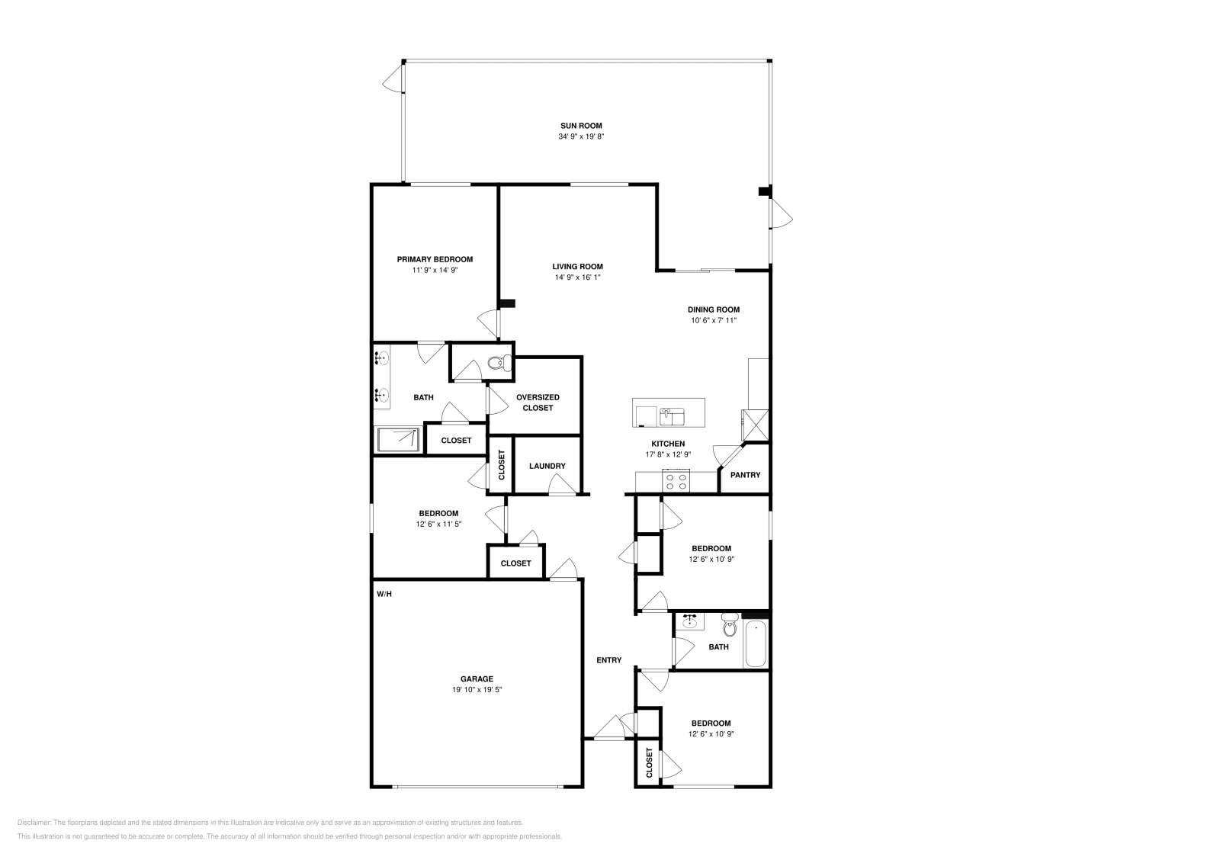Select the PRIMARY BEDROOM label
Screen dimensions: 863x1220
click(435, 259)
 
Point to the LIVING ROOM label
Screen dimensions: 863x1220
click(577, 267)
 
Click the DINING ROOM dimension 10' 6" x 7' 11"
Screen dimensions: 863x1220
click(713, 320)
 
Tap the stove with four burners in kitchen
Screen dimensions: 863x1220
click(676, 482)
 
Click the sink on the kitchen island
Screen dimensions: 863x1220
click(672, 416)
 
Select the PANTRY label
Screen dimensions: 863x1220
click(745, 475)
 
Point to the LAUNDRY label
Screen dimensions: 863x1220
click(547, 466)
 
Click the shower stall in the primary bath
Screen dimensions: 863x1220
click(398, 439)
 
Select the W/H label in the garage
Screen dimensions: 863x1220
click(383, 593)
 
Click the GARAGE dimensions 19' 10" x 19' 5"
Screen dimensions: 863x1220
click(477, 689)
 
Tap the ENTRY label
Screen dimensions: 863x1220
click(608, 660)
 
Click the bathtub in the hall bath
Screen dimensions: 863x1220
click(756, 645)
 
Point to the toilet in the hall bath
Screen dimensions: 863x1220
click(728, 626)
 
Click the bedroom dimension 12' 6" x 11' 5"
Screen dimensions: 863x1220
click(438, 524)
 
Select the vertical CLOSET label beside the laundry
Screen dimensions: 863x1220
click(501, 464)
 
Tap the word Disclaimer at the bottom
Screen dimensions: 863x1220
click(33, 823)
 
